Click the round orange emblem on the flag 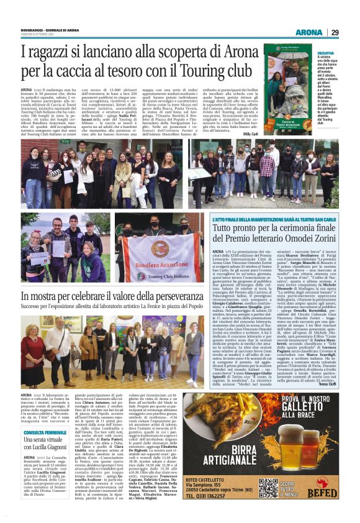(x=160, y=248)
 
